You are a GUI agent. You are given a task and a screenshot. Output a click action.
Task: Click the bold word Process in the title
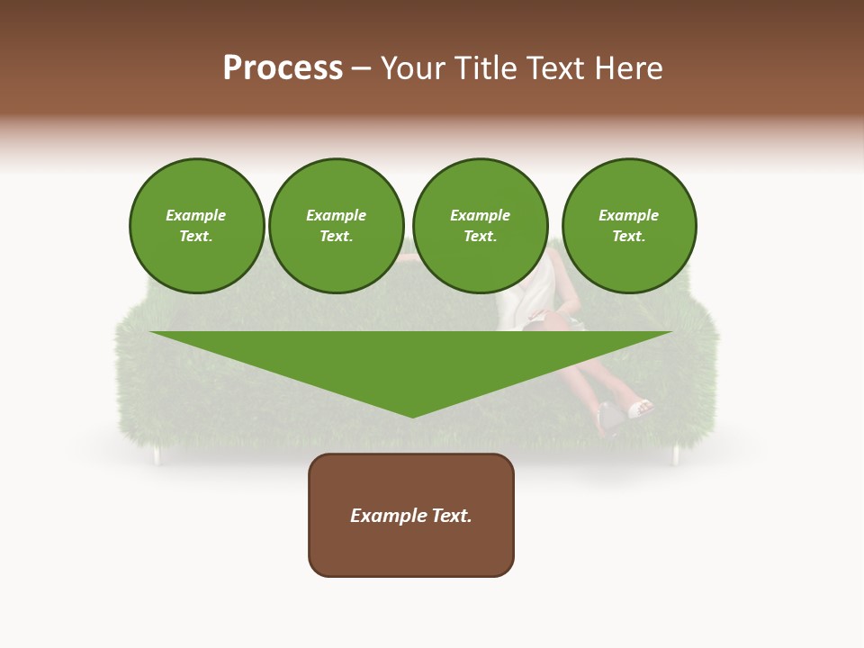click(x=283, y=68)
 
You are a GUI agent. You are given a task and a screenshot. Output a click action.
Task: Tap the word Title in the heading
click(x=490, y=68)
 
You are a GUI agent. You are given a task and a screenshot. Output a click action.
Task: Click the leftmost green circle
click(x=196, y=226)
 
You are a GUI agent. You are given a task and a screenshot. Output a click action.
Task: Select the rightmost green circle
click(x=629, y=226)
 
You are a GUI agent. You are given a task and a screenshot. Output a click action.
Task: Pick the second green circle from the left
click(x=337, y=226)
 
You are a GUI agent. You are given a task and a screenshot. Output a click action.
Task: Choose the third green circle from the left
click(x=480, y=226)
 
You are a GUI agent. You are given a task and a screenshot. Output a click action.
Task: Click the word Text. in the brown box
click(x=451, y=516)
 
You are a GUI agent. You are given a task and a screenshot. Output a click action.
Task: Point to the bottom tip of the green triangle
click(x=412, y=416)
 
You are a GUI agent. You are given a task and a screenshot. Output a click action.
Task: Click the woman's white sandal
click(x=640, y=409)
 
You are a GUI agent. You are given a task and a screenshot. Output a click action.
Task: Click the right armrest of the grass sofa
click(x=699, y=360)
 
